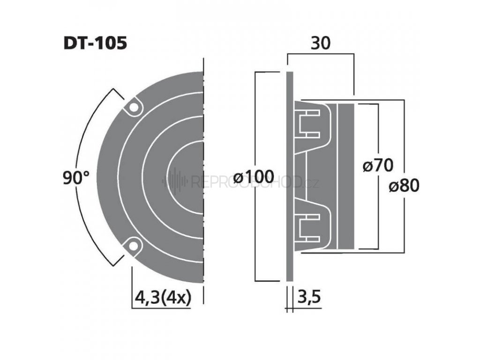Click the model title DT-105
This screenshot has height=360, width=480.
(95, 44)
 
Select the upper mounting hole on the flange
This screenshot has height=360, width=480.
(134, 107)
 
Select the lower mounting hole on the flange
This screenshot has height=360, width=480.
(134, 245)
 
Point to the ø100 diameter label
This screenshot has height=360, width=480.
(253, 178)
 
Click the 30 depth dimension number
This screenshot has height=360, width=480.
(321, 43)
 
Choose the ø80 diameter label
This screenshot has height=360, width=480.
(404, 186)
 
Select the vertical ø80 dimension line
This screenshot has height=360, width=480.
(404, 141)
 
